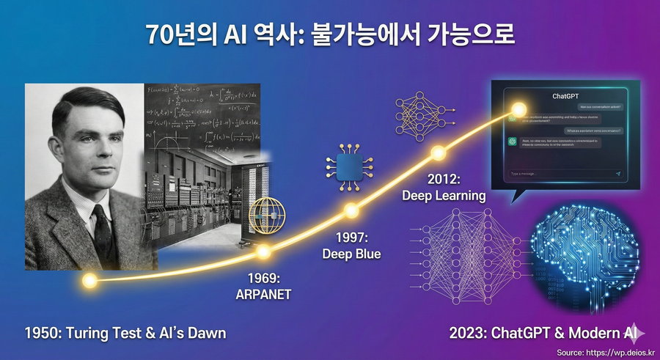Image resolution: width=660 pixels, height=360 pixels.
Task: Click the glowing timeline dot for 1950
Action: (x=89, y=280)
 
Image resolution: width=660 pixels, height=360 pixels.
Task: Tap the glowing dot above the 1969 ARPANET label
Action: (x=263, y=251)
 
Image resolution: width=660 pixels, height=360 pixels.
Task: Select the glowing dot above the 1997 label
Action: (x=351, y=211)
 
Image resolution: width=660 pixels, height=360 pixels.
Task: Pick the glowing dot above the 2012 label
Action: (x=438, y=153)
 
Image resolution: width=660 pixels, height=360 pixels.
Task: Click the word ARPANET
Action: (x=263, y=294)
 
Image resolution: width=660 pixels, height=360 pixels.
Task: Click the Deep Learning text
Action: (x=444, y=196)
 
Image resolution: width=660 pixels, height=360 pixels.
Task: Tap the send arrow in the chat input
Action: (x=617, y=174)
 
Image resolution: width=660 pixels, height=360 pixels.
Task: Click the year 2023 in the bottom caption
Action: (x=466, y=334)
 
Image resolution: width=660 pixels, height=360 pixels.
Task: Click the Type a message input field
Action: (x=557, y=174)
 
